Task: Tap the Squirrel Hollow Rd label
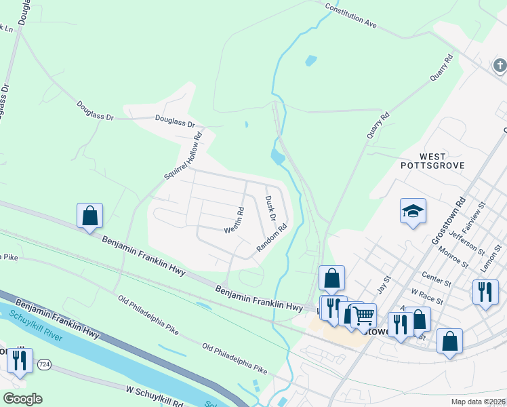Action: click(x=184, y=155)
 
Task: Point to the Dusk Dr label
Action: click(x=270, y=208)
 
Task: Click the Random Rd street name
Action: click(x=272, y=239)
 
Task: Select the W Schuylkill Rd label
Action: click(x=155, y=396)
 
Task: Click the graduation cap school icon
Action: click(x=413, y=212)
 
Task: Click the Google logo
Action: click(x=22, y=399)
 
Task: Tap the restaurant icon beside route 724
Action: click(x=20, y=360)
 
